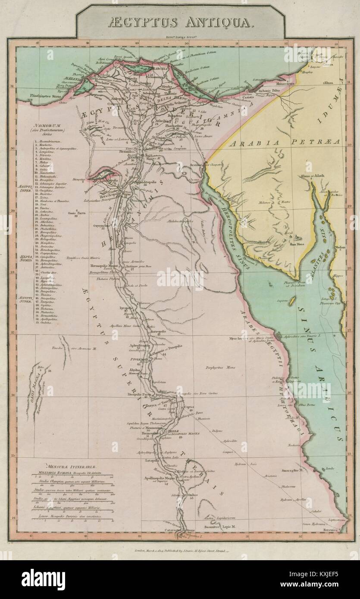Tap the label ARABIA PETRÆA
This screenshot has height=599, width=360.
[x=284, y=142]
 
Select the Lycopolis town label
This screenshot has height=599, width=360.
[x=126, y=309]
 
